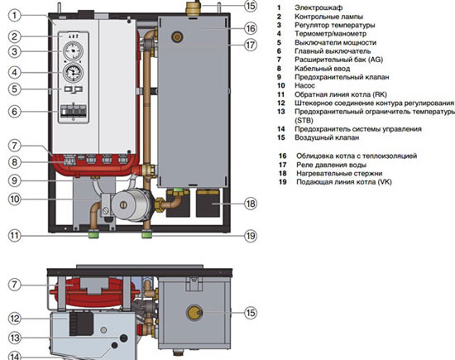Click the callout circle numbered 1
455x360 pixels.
click(15, 16)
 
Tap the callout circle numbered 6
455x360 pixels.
click(15, 111)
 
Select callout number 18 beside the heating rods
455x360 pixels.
click(251, 204)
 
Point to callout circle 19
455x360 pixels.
click(251, 236)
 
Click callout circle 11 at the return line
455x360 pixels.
click(15, 235)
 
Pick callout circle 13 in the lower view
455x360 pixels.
click(15, 338)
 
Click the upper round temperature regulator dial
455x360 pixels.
click(73, 50)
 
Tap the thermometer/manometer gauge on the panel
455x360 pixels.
click(73, 73)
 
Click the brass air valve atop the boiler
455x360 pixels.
click(193, 9)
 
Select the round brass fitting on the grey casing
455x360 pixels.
click(177, 37)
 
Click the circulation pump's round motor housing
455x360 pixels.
click(128, 204)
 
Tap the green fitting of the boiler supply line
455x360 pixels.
click(146, 233)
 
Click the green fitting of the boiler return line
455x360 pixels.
click(93, 233)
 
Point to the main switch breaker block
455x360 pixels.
click(74, 112)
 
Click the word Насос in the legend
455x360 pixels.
click(304, 85)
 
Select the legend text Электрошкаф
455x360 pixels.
click(318, 7)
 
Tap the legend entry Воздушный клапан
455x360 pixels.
click(327, 137)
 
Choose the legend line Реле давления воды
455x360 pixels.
click(331, 165)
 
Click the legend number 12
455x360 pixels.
click(281, 103)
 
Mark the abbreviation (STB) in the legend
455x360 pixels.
click(304, 120)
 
